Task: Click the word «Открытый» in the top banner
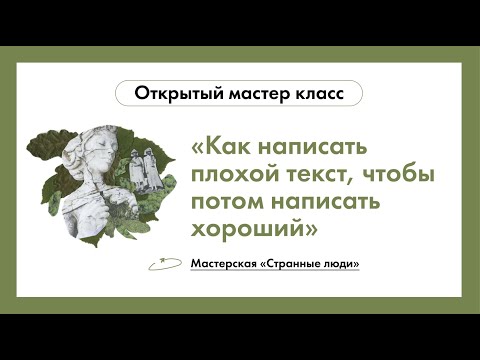click(167, 94)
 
